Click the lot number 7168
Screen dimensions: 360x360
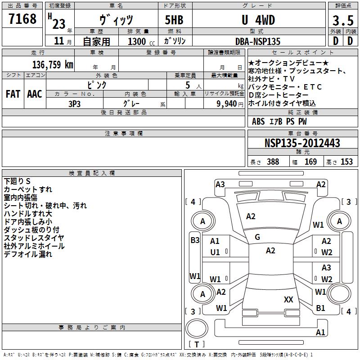click(x=22, y=19)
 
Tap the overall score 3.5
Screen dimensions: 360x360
click(x=342, y=21)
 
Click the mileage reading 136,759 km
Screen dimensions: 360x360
click(x=52, y=64)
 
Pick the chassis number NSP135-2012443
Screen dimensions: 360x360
click(x=302, y=144)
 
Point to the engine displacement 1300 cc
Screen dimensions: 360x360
click(x=139, y=41)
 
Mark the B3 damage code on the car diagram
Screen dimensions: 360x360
click(x=195, y=240)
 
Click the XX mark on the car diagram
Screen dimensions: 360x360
click(x=288, y=299)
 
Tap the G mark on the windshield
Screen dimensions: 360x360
click(x=257, y=237)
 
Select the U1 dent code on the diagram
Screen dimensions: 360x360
click(x=215, y=252)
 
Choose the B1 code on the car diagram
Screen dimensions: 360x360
click(x=320, y=308)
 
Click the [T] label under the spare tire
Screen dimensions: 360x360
click(x=196, y=345)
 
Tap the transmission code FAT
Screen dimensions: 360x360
click(x=13, y=94)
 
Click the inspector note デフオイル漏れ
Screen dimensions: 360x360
click(x=28, y=254)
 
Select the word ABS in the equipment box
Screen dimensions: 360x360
click(x=258, y=121)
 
